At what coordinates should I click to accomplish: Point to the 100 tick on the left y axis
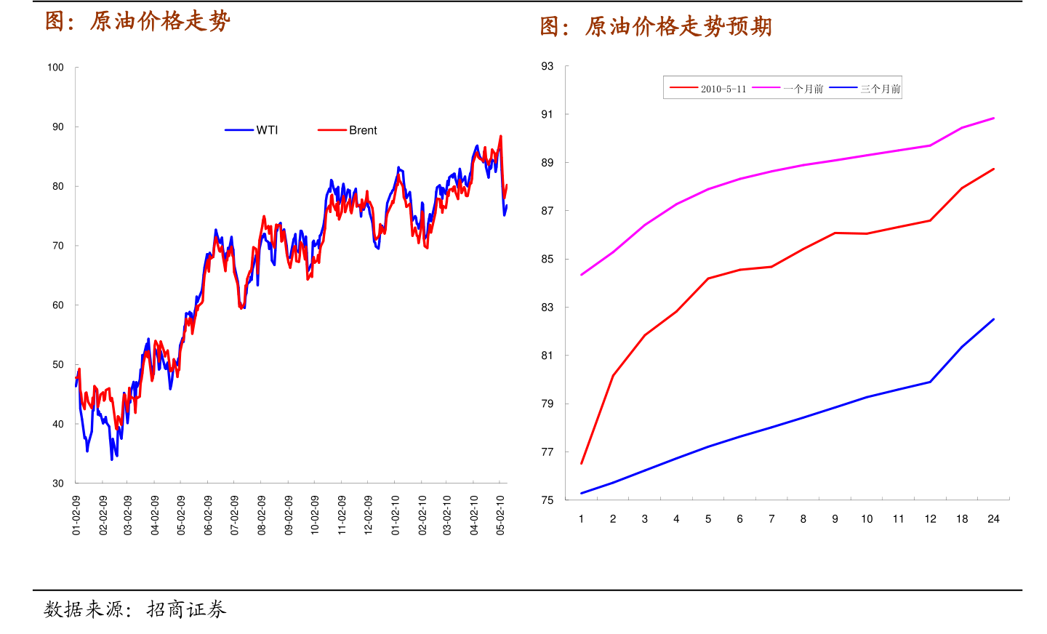click(55, 68)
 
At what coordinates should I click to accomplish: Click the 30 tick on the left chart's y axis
click(58, 483)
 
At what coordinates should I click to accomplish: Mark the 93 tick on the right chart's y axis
click(547, 66)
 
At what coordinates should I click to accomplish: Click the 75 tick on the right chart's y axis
click(547, 500)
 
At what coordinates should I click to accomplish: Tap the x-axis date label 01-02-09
click(76, 515)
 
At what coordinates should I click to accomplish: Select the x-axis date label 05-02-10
click(500, 515)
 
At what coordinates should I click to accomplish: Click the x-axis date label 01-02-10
click(396, 515)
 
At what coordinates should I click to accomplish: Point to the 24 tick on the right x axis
click(993, 519)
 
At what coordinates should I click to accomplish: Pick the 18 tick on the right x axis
click(962, 519)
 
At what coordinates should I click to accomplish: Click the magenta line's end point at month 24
click(993, 118)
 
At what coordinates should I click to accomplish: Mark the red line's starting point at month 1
click(582, 463)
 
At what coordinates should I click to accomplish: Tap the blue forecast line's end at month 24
click(993, 319)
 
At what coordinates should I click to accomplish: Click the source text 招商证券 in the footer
click(186, 609)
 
